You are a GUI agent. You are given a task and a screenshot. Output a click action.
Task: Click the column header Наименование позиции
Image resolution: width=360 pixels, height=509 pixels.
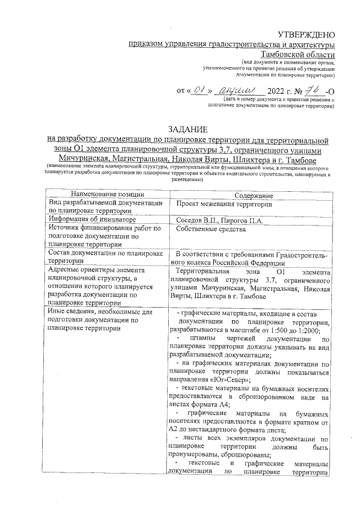point(104,195)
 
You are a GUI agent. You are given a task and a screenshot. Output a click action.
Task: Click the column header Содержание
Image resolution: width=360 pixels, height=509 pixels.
point(250,195)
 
